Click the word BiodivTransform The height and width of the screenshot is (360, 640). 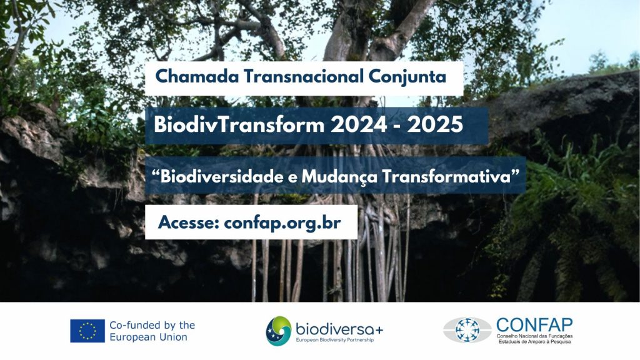tap(239, 124)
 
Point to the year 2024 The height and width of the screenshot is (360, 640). tap(359, 124)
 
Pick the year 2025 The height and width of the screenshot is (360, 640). tap(435, 124)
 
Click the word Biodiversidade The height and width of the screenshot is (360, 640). tap(221, 177)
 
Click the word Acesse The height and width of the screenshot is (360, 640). tap(189, 222)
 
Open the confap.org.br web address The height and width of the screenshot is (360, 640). tap(282, 223)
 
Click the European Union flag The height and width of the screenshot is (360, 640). tap(87, 331)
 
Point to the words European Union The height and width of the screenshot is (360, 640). tap(149, 337)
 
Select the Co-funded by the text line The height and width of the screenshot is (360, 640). tap(152, 325)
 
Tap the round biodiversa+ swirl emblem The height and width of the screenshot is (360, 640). tap(279, 331)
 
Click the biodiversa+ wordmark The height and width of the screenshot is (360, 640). tap(339, 329)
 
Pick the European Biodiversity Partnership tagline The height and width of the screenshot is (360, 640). tap(335, 340)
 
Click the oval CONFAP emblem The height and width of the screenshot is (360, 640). tap(467, 330)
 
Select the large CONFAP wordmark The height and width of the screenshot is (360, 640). tap(535, 325)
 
